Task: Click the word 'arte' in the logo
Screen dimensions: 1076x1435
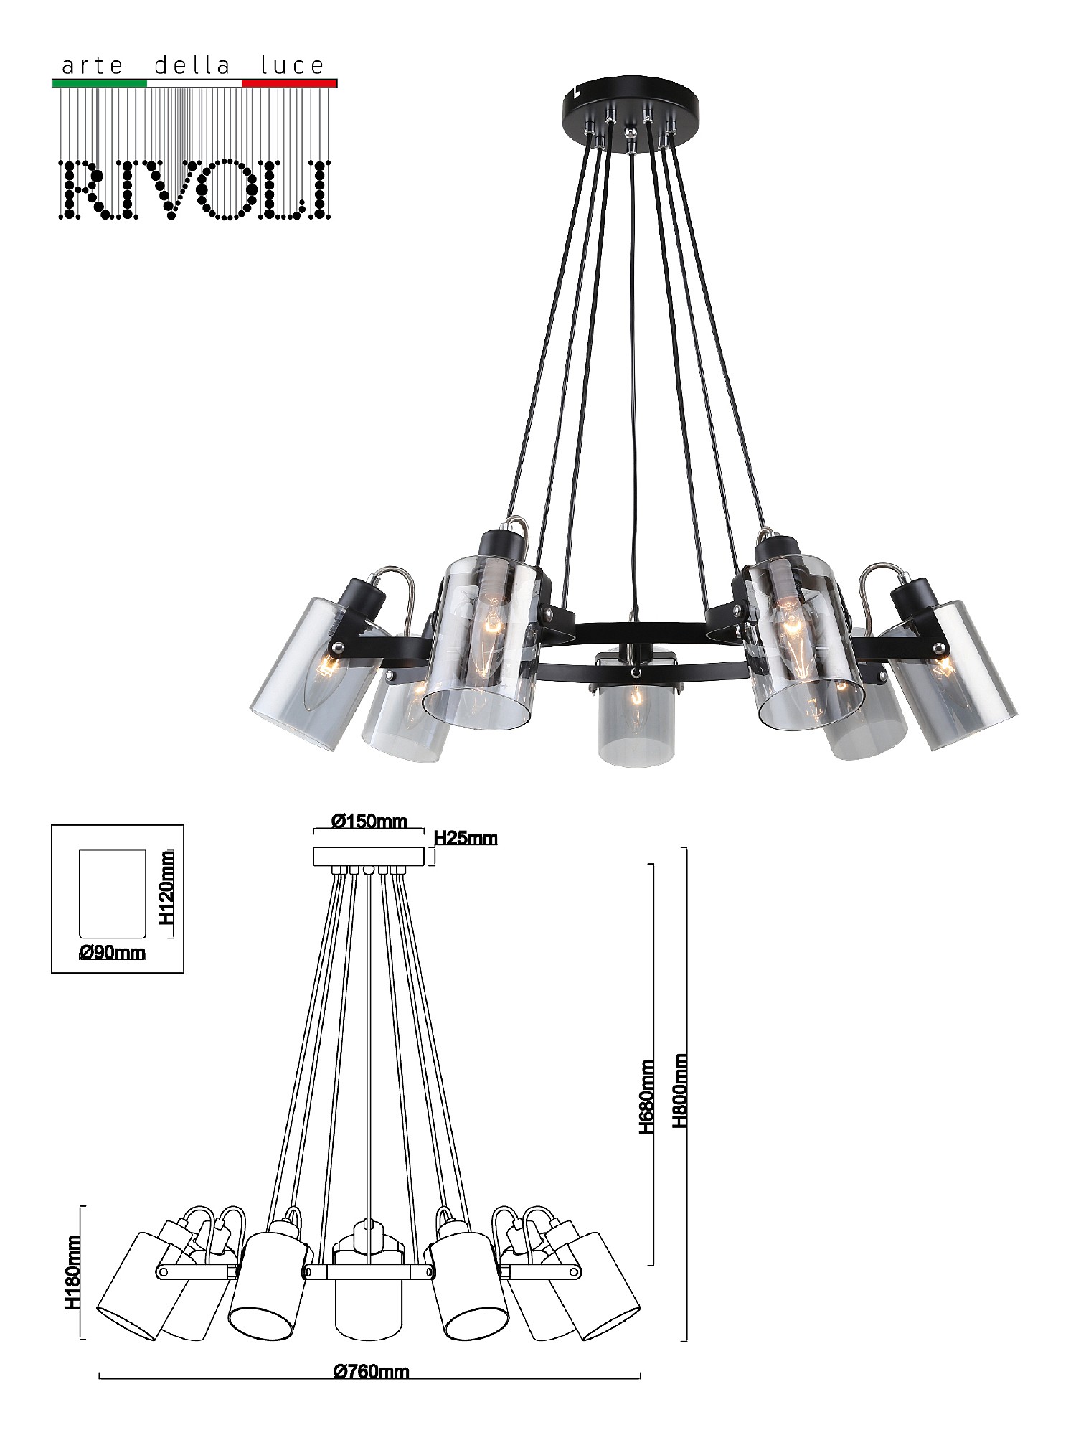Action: click(x=93, y=67)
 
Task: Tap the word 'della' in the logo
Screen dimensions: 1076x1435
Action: click(x=192, y=66)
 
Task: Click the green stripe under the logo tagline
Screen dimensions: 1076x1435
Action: click(x=100, y=83)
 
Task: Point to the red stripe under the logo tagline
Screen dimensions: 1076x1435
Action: click(x=290, y=83)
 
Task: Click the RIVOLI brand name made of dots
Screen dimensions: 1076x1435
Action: click(x=195, y=189)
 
